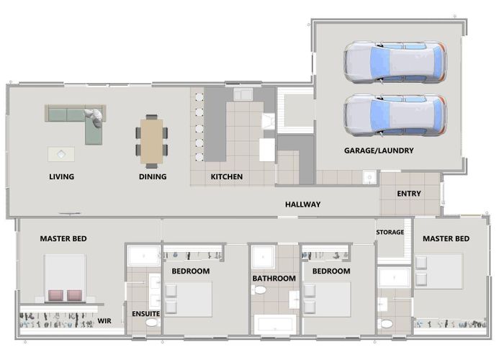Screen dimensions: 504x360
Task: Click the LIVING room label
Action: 61,176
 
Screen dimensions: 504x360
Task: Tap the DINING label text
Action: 153,176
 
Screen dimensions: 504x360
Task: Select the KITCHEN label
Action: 227,176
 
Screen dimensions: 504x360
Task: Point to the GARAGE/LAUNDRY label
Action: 379,150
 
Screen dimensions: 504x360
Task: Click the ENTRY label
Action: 409,194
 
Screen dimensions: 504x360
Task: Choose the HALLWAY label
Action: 303,204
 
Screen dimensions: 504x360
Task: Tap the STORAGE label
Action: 390,232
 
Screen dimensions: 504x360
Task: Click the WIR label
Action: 104,321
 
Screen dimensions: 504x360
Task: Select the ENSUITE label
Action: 146,314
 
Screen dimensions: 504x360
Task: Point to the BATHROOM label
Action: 274,279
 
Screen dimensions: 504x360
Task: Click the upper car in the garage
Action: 395,62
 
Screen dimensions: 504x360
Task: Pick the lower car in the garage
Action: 395,115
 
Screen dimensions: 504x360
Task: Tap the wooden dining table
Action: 152,141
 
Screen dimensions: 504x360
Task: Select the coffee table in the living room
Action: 61,154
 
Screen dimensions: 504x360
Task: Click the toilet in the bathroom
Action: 259,290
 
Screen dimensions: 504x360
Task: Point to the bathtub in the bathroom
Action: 275,324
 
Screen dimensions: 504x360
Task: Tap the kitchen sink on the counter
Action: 243,95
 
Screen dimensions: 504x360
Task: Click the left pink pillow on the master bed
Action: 55,295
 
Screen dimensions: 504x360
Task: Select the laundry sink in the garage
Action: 369,177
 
